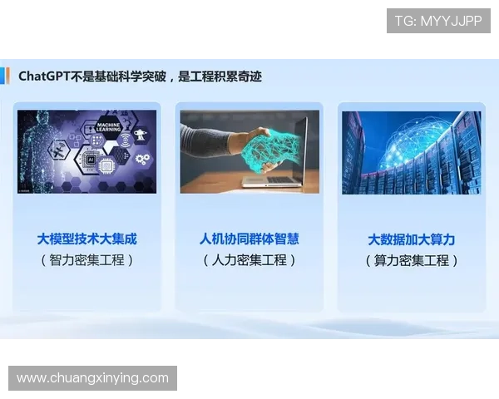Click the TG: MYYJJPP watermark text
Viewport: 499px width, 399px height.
pos(438,21)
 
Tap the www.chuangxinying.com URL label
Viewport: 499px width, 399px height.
pos(92,378)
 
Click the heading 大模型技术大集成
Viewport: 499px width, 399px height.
pos(86,239)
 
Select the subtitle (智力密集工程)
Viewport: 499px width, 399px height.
pos(86,260)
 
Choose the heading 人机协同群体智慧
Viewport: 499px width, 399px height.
pos(249,239)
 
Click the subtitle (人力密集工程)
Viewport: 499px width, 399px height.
pos(249,260)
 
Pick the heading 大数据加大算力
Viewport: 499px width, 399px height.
pos(411,239)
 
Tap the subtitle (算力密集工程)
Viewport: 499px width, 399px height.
pos(411,261)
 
